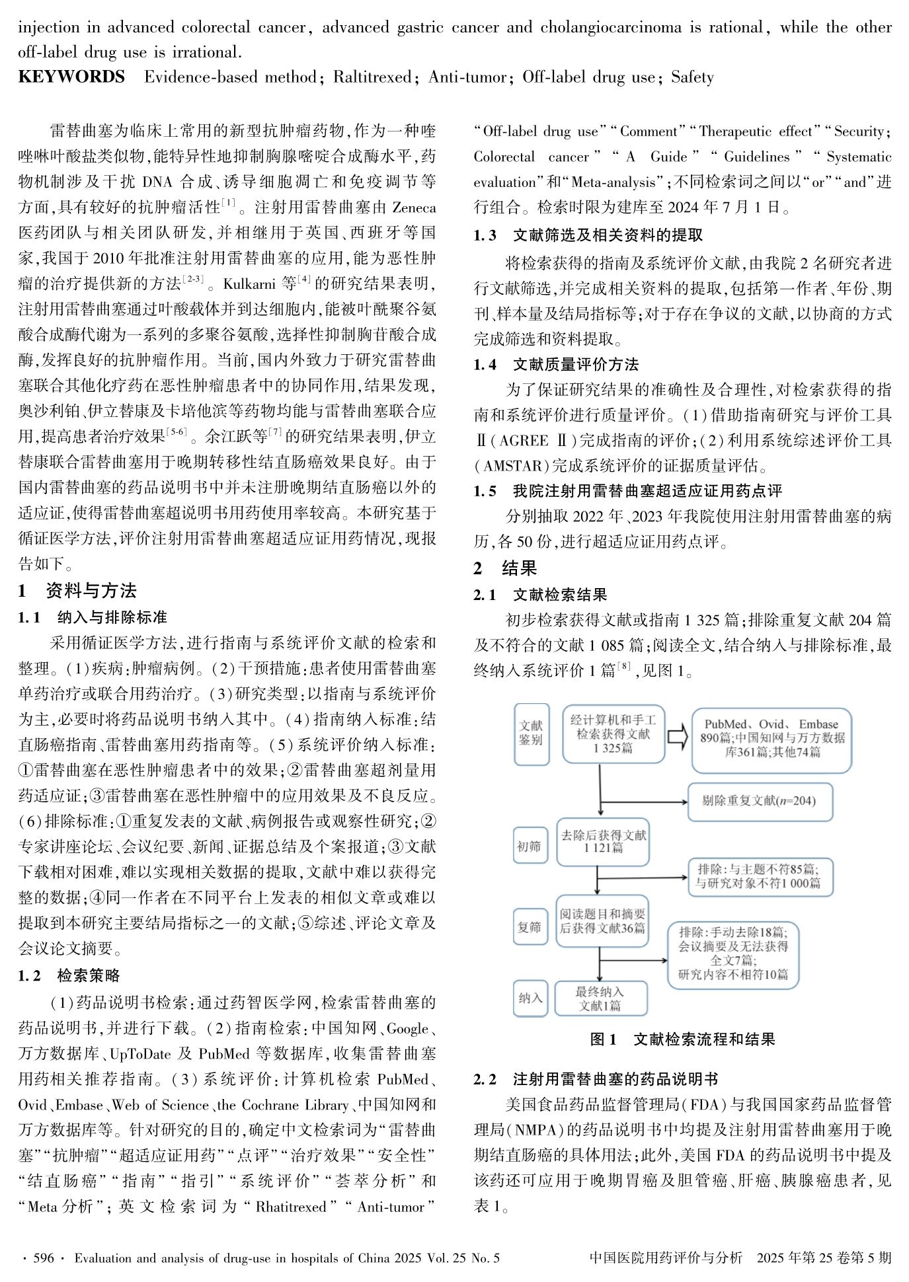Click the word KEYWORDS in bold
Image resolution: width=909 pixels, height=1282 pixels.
(x=71, y=77)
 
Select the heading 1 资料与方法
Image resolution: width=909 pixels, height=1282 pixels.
(x=77, y=591)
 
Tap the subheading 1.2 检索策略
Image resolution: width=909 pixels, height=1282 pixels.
(x=69, y=976)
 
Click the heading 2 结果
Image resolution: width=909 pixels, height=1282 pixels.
(x=505, y=568)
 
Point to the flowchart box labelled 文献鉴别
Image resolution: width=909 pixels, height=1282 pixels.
(x=531, y=734)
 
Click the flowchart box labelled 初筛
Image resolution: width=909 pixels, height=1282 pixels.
(x=530, y=845)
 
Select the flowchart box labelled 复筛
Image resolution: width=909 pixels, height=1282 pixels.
(x=530, y=927)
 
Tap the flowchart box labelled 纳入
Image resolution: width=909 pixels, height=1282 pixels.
(x=530, y=998)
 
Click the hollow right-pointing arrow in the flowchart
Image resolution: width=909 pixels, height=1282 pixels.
(x=677, y=737)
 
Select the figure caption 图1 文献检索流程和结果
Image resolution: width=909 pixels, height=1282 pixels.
(x=682, y=1039)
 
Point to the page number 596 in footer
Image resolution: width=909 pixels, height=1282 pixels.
(x=43, y=1258)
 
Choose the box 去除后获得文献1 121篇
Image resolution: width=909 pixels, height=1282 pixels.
(x=604, y=841)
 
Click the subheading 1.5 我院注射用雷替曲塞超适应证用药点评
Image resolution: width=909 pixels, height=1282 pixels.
(x=627, y=491)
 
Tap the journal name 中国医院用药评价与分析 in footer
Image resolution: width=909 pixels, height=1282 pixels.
(x=666, y=1258)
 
